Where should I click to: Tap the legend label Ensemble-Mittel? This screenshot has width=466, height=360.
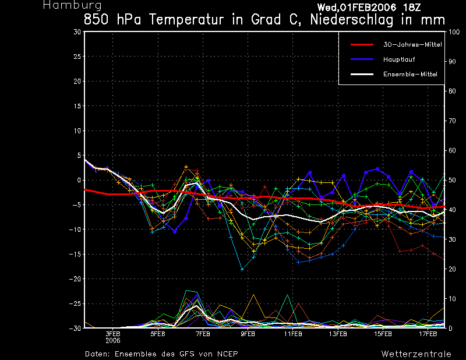click(x=409, y=75)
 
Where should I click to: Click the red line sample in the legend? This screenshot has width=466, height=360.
click(x=361, y=44)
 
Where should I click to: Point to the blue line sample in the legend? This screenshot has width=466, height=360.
click(x=361, y=59)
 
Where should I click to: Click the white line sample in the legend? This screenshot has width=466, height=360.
click(x=361, y=75)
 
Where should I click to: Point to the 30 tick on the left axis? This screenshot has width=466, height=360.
click(x=77, y=32)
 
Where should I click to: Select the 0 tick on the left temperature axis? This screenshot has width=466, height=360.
click(x=79, y=181)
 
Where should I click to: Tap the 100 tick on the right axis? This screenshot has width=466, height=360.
click(x=452, y=32)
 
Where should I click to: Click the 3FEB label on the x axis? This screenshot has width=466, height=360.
click(x=113, y=334)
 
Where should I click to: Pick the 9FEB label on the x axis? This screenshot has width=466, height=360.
click(x=248, y=334)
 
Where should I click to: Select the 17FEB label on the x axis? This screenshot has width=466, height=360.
click(x=429, y=334)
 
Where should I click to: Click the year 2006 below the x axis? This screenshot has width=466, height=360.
click(x=113, y=341)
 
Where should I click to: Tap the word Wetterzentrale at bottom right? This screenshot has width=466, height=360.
click(x=416, y=354)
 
